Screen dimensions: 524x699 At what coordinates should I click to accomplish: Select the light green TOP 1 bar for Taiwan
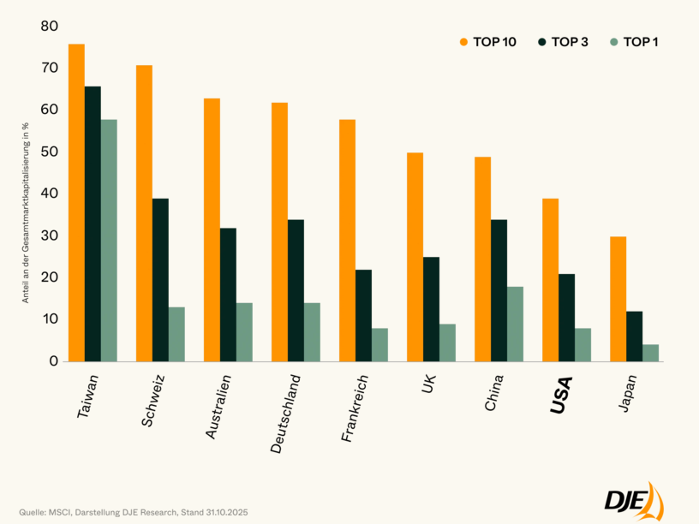(109, 240)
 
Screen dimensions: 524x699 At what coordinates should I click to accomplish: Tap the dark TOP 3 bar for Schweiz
(160, 279)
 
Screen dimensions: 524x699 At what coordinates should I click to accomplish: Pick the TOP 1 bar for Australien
(244, 331)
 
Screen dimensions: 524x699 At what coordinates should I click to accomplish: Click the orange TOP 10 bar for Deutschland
(279, 231)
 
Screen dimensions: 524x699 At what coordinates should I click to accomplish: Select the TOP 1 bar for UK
(447, 342)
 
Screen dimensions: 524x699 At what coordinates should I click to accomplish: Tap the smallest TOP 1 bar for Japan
(650, 352)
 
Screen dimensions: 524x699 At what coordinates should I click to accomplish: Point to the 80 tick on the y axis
(49, 27)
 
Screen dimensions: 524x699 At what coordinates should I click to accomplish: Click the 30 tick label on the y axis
(49, 235)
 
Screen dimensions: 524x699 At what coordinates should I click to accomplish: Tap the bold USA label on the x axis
(562, 396)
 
